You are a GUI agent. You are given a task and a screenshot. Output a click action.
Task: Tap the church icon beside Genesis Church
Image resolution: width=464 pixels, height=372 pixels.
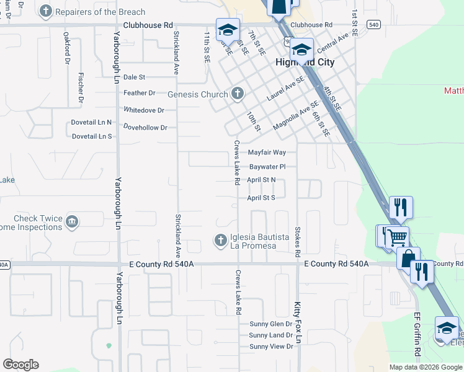pyautogui.click(x=236, y=94)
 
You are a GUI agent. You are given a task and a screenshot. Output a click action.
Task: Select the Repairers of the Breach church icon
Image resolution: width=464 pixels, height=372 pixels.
pyautogui.click(x=45, y=11)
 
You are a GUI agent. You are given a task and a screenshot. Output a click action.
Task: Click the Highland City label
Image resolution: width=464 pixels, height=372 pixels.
pyautogui.click(x=305, y=63)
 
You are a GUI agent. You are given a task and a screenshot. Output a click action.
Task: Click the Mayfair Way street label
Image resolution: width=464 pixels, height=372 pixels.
pyautogui.click(x=267, y=152)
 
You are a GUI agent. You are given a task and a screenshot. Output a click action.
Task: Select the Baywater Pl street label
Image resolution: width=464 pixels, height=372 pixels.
pyautogui.click(x=267, y=167)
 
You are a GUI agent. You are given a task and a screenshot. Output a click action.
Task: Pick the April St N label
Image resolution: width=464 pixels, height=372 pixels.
pyautogui.click(x=261, y=180)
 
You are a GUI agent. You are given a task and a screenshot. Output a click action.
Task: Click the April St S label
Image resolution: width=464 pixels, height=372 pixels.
pyautogui.click(x=261, y=198)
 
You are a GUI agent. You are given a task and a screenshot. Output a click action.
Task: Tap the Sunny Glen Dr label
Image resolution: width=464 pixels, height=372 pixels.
pyautogui.click(x=270, y=324)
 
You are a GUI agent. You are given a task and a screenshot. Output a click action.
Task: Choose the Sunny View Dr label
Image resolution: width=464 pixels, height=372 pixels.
pyautogui.click(x=271, y=346)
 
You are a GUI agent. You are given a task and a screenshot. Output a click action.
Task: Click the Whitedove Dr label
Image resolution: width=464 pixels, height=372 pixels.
pyautogui.click(x=144, y=110)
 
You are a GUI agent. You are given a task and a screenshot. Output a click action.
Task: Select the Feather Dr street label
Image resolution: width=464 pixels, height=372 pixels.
pyautogui.click(x=139, y=93)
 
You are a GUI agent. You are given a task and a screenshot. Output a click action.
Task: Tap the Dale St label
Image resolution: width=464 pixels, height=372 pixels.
pyautogui.click(x=134, y=77)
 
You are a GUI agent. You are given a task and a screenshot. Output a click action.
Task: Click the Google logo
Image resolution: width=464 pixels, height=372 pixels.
pyautogui.click(x=20, y=365)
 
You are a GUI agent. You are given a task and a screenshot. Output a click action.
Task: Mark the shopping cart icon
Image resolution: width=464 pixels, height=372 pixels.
pyautogui.click(x=397, y=236)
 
